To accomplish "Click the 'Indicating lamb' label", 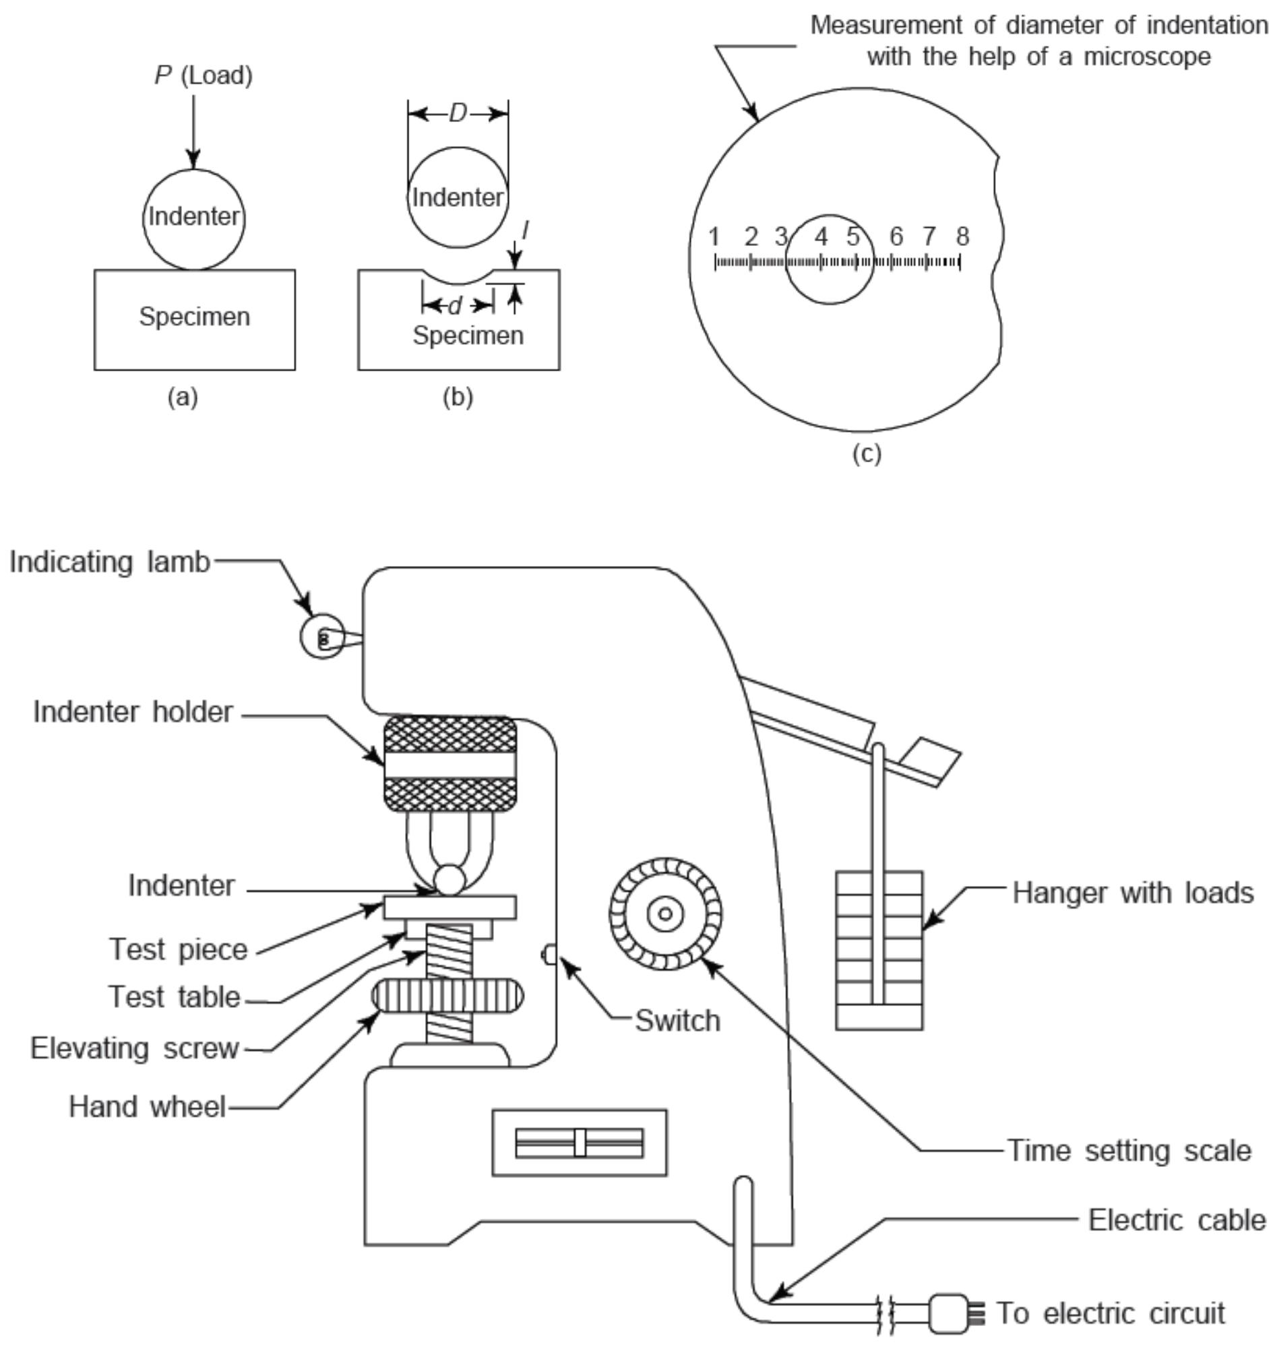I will point(109,563).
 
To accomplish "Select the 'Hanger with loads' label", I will point(1132,893).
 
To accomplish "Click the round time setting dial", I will point(665,914).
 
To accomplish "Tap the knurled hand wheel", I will point(447,997).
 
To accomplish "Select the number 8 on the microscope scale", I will point(962,237).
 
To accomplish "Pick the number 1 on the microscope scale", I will point(714,237).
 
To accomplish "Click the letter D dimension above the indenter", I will point(458,114).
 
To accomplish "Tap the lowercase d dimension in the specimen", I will point(455,307).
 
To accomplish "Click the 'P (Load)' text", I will point(204,75).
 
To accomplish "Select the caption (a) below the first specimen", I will point(183,397).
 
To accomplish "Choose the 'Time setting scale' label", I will point(1129,1152).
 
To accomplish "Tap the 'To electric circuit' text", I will point(1111,1313).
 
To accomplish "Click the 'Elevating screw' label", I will point(134,1048).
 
